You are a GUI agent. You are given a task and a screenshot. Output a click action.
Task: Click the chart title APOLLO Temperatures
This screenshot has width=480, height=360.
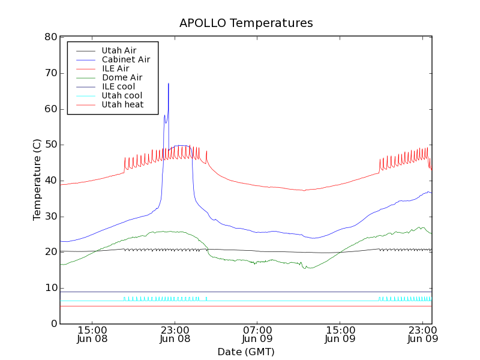(246, 23)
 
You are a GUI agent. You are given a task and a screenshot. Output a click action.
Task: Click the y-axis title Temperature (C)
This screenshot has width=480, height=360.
(37, 180)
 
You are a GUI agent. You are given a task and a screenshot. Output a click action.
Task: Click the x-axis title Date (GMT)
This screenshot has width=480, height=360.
(246, 352)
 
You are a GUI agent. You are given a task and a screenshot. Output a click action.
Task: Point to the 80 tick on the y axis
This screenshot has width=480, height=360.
(50, 37)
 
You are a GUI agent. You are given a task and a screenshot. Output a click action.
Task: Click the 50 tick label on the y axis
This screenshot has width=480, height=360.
(50, 145)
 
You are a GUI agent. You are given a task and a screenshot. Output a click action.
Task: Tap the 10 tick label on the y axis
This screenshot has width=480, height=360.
(50, 288)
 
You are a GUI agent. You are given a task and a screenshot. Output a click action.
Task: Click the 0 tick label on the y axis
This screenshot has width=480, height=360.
(53, 324)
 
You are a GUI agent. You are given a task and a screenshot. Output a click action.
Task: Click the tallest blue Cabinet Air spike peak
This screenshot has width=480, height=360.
(169, 83)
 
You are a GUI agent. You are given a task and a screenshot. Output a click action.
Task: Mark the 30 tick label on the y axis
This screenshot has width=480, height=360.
(50, 217)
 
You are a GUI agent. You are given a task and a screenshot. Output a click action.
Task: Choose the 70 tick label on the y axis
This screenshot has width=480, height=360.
(50, 73)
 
